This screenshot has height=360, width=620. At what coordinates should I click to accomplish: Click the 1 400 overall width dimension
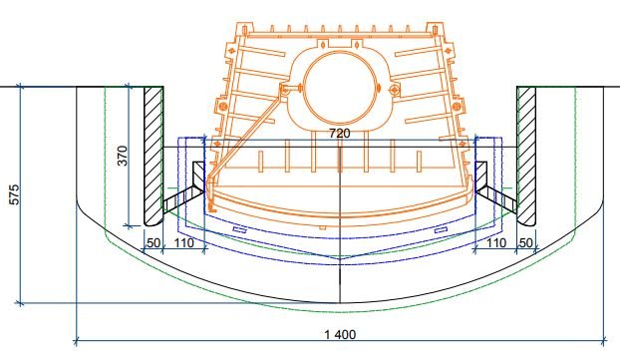(x=340, y=335)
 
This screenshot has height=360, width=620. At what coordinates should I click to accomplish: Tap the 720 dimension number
(x=340, y=134)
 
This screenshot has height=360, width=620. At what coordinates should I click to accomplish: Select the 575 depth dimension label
(x=14, y=194)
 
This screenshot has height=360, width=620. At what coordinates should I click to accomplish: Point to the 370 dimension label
(x=123, y=156)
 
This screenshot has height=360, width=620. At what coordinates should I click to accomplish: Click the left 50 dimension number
(x=154, y=242)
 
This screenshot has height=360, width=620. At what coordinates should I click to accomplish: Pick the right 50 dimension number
(x=525, y=242)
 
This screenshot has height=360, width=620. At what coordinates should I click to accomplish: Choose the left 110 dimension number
(x=183, y=242)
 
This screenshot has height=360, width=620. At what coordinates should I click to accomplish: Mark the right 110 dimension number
(x=495, y=242)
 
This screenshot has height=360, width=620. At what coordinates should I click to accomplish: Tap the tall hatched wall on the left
(x=154, y=156)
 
